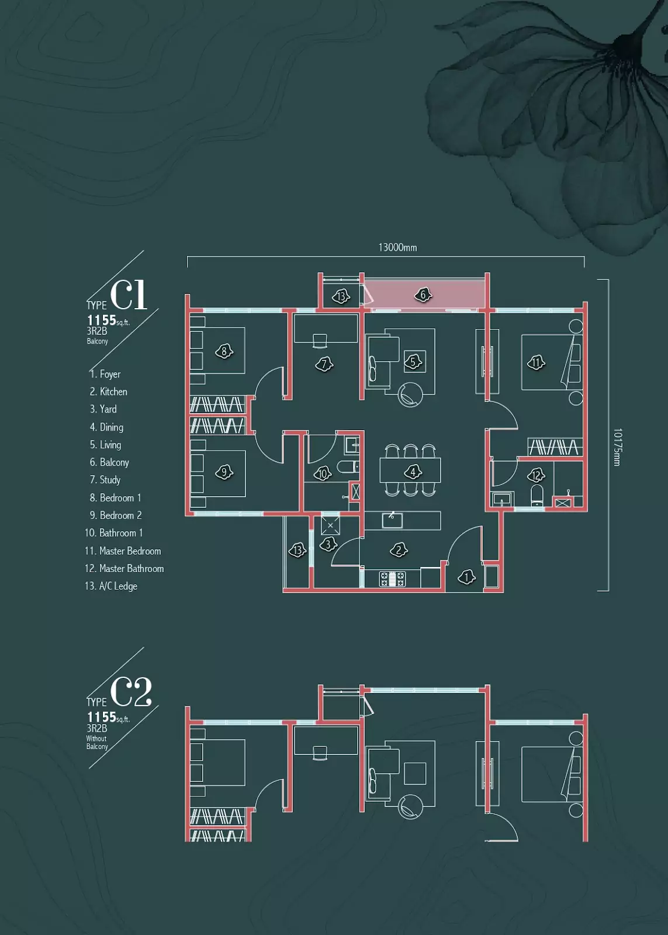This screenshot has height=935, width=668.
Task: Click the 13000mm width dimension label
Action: click(397, 248)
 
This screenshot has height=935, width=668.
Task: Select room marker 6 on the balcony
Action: click(423, 295)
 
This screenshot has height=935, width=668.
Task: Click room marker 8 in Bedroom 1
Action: click(224, 351)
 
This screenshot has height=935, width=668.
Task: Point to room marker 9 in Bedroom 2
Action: click(224, 473)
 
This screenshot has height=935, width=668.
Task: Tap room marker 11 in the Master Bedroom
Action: click(536, 362)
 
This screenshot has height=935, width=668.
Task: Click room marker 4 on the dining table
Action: click(413, 472)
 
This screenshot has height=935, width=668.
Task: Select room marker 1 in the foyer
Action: click(466, 577)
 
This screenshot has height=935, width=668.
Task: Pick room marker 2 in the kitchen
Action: click(399, 550)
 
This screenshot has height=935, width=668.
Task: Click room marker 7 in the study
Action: click(324, 365)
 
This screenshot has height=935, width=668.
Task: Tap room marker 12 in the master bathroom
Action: click(536, 475)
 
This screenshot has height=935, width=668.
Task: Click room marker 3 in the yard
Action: click(328, 544)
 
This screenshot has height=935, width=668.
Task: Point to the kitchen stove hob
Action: click(392, 579)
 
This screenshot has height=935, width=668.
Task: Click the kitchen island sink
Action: click(392, 520)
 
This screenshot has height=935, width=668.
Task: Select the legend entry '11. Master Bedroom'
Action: click(123, 551)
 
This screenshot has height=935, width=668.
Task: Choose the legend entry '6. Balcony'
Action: click(109, 462)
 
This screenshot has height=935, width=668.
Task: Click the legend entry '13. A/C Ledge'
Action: click(111, 586)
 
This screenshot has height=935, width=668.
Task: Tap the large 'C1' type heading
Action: click(129, 295)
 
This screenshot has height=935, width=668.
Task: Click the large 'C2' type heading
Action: click(131, 692)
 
